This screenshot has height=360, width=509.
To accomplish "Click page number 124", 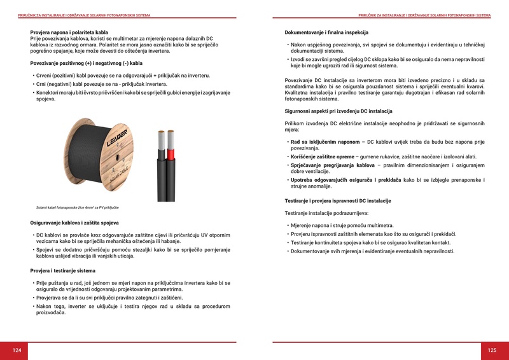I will tap(17, 350).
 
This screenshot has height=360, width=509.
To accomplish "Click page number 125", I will tap(492, 350).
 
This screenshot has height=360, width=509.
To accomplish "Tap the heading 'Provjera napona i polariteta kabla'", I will tap(69, 32).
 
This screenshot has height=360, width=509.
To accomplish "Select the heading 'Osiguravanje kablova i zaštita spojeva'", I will tap(74, 223).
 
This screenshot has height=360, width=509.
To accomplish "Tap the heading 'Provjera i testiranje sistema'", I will tap(63, 271).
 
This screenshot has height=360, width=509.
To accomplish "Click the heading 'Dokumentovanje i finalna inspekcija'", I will tap(326, 32).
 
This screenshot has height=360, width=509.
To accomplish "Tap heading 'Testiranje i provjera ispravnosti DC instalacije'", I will tap(338, 201).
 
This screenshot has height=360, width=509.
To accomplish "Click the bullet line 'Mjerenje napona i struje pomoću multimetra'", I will tap(342, 225).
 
